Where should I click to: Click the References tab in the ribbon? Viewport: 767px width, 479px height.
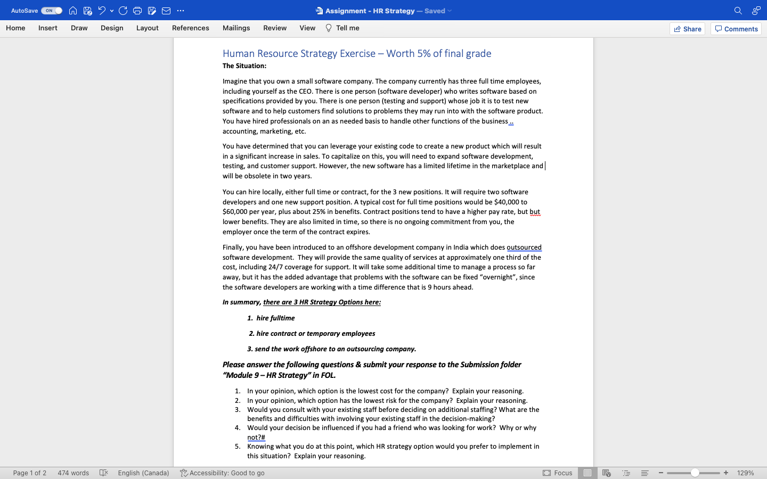(190, 28)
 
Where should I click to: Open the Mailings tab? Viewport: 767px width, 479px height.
(236, 28)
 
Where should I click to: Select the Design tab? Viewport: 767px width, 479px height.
(112, 28)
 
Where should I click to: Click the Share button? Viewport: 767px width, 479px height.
(687, 29)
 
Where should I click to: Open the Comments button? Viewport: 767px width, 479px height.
(736, 29)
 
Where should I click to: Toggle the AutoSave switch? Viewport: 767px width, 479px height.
(51, 11)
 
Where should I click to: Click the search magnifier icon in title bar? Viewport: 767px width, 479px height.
(738, 11)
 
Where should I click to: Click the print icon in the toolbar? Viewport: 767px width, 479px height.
(137, 11)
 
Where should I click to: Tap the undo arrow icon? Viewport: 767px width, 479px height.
(102, 11)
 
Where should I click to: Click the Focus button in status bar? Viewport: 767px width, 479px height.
(558, 473)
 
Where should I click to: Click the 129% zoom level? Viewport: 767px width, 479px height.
(745, 473)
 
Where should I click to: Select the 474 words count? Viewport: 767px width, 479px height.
(73, 473)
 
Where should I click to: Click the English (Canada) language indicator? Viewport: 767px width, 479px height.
(143, 473)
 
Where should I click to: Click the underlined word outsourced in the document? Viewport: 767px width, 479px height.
(524, 247)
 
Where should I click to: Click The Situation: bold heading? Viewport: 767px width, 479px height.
(244, 66)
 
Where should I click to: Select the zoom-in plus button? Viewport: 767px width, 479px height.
(725, 473)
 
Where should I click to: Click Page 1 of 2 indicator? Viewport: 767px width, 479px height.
(30, 473)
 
